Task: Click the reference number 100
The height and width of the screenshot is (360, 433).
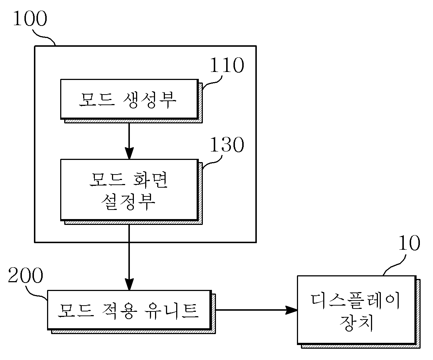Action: (30, 19)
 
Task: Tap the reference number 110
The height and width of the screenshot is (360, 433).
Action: (227, 65)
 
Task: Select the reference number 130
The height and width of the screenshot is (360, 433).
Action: (227, 145)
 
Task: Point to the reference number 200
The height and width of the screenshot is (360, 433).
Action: (26, 275)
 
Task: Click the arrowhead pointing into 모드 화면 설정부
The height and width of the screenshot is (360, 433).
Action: (129, 153)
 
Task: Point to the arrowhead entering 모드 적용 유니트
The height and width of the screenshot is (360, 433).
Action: (129, 284)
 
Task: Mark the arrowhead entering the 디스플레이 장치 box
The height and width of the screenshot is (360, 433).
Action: (291, 310)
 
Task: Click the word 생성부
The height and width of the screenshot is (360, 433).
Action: (149, 100)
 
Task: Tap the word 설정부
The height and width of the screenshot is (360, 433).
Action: (128, 202)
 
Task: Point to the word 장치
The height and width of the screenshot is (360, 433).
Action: (356, 323)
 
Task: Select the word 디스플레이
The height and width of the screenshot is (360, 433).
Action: (355, 301)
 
